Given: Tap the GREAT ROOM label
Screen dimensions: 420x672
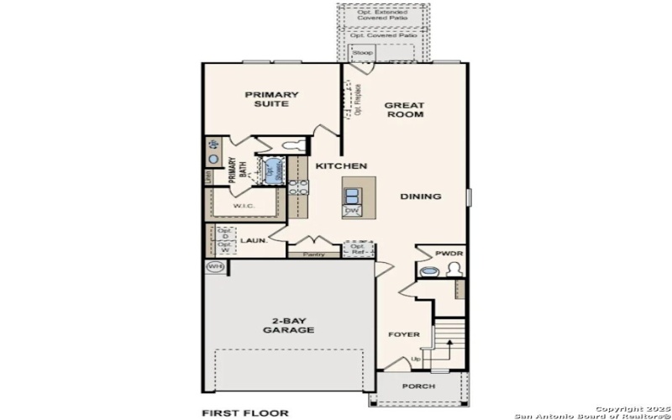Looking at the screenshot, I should [x=404, y=110].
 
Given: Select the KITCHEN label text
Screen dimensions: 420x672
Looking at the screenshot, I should [x=341, y=166].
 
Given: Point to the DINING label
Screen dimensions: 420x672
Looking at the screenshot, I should [x=420, y=197].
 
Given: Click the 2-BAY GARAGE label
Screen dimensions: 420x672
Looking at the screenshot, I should [x=286, y=325].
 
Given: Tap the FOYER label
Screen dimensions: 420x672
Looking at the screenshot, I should [x=403, y=334].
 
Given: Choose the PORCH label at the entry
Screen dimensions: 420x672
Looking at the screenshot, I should [x=419, y=386].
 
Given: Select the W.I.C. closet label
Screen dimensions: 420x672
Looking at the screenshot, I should [x=244, y=206].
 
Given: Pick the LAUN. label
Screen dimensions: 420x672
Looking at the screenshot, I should [x=254, y=241].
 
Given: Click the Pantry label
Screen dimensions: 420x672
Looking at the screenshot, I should [x=314, y=254].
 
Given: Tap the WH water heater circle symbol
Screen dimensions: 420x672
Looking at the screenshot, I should [x=216, y=266].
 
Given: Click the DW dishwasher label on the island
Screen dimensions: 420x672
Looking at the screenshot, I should [x=351, y=211].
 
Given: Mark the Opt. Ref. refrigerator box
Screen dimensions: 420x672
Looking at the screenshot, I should [x=359, y=249].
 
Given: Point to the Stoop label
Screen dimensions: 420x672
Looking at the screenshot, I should [x=362, y=52].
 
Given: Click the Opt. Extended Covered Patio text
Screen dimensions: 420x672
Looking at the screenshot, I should [x=383, y=15].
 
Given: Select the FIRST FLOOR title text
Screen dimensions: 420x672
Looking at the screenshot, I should [x=244, y=412].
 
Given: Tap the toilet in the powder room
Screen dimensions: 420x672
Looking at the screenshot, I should [x=454, y=270].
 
